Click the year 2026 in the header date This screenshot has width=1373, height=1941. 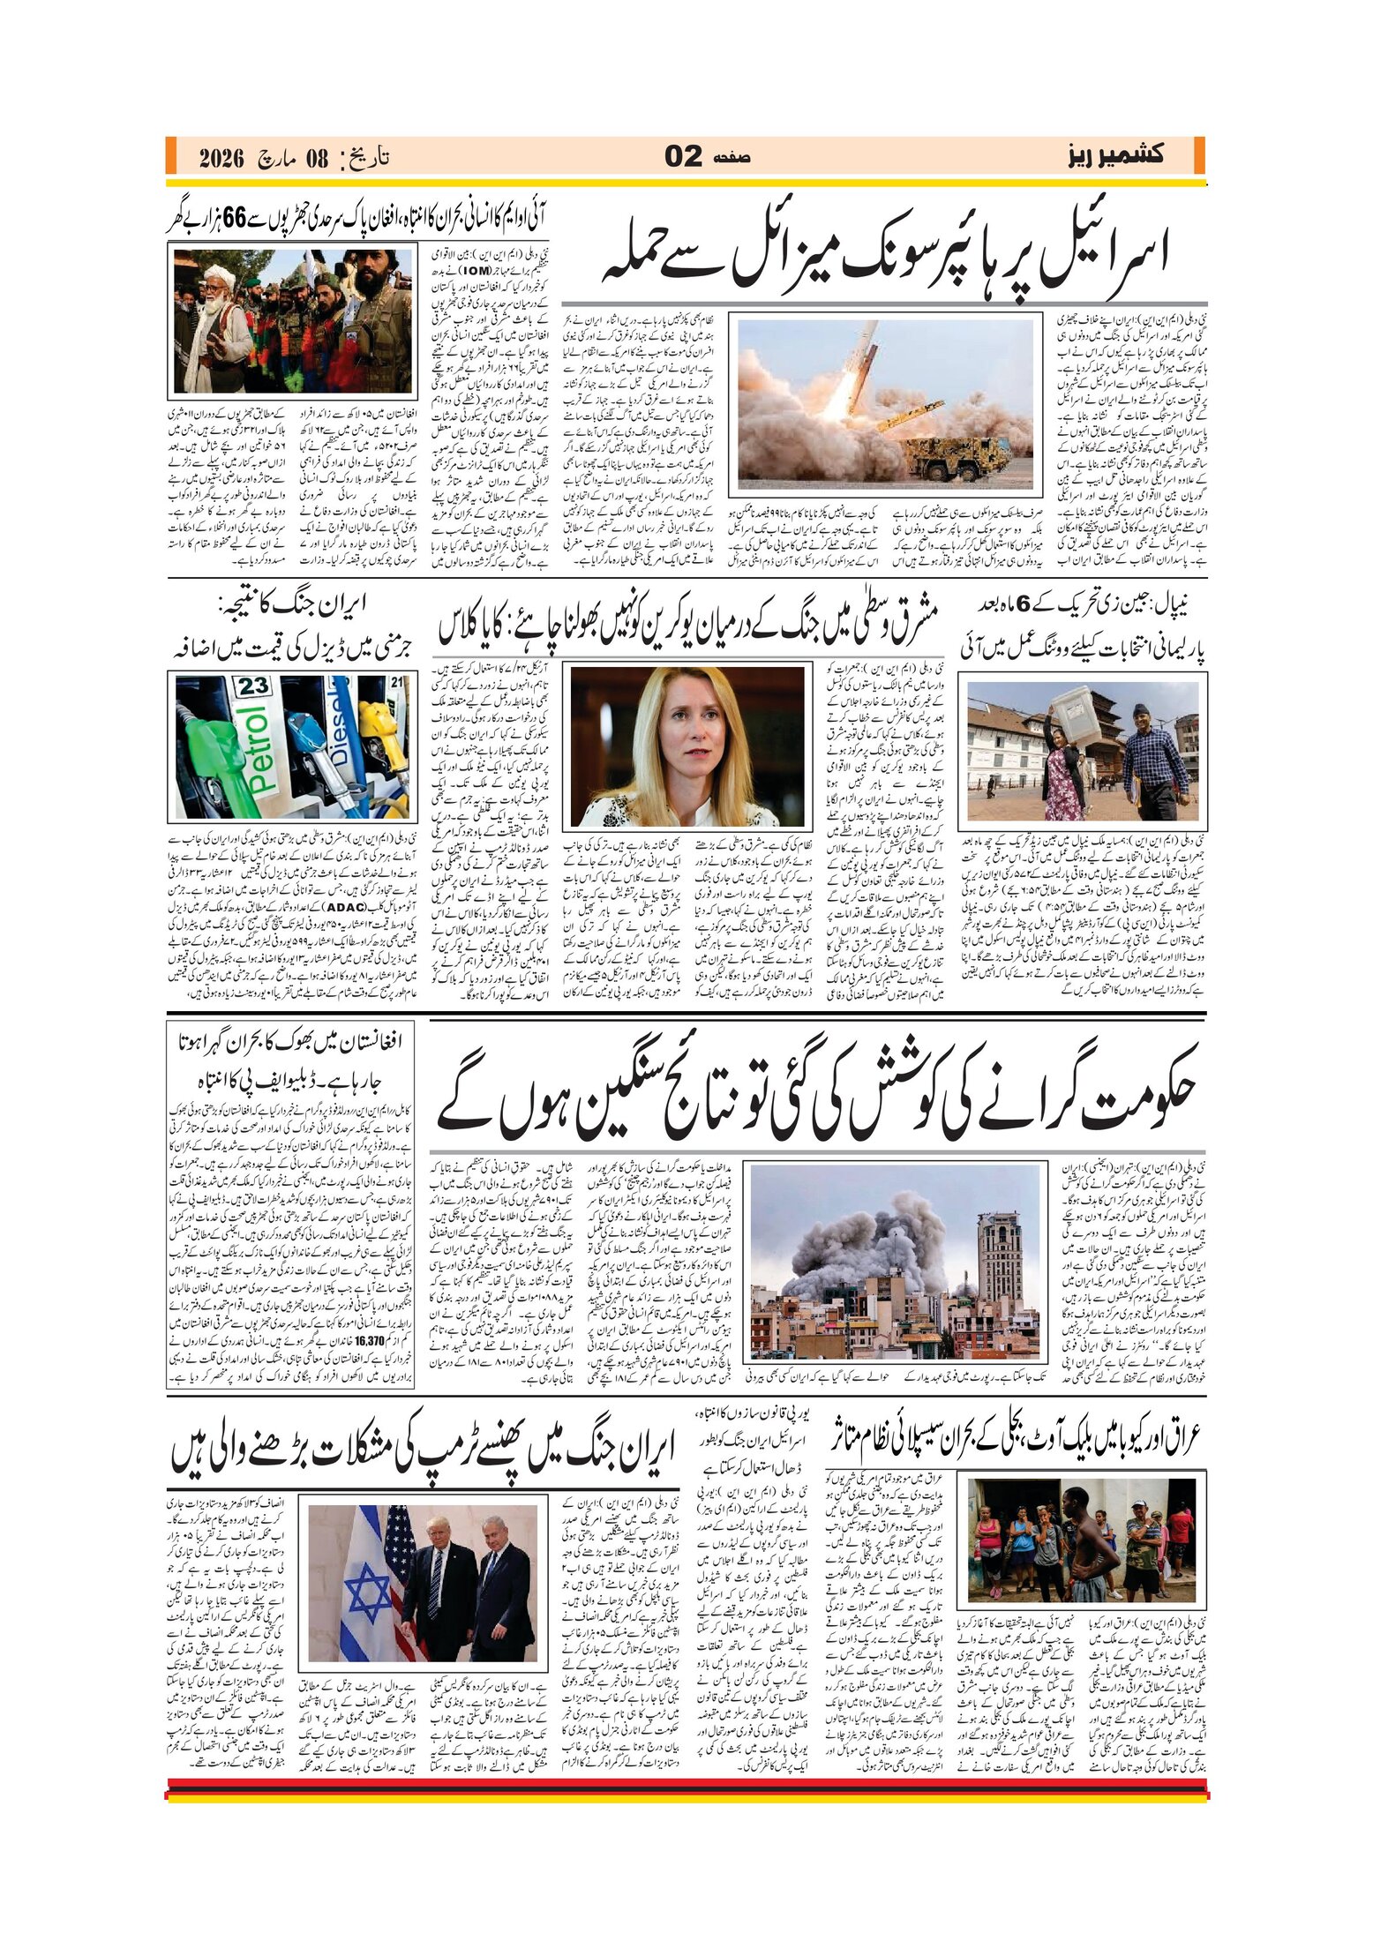(221, 159)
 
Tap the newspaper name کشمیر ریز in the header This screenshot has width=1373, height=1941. (1115, 156)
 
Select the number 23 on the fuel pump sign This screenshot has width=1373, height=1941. (252, 686)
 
